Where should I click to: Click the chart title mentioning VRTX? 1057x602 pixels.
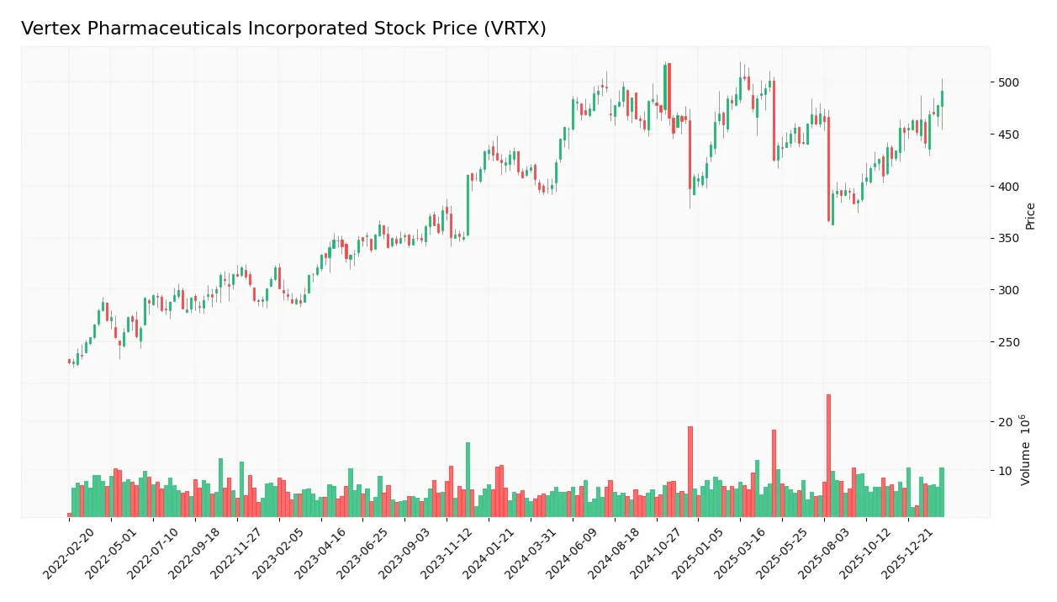click(x=283, y=29)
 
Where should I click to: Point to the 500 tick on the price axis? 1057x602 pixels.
click(x=1008, y=82)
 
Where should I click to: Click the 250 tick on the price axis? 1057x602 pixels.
click(x=1008, y=342)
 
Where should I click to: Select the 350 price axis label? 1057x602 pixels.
click(x=1008, y=238)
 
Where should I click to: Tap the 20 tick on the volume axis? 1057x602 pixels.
click(x=1005, y=421)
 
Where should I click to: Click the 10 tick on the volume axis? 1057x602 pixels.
click(x=1005, y=471)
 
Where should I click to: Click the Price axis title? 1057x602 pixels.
click(x=1030, y=216)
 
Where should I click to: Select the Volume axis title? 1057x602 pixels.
click(x=1025, y=450)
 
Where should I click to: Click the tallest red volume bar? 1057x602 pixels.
click(x=828, y=455)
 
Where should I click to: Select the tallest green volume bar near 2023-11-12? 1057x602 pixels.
click(x=468, y=479)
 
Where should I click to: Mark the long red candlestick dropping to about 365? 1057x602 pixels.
click(x=828, y=168)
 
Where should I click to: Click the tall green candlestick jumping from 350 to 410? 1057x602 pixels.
click(x=468, y=205)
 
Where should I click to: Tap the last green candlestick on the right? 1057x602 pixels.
click(x=942, y=98)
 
